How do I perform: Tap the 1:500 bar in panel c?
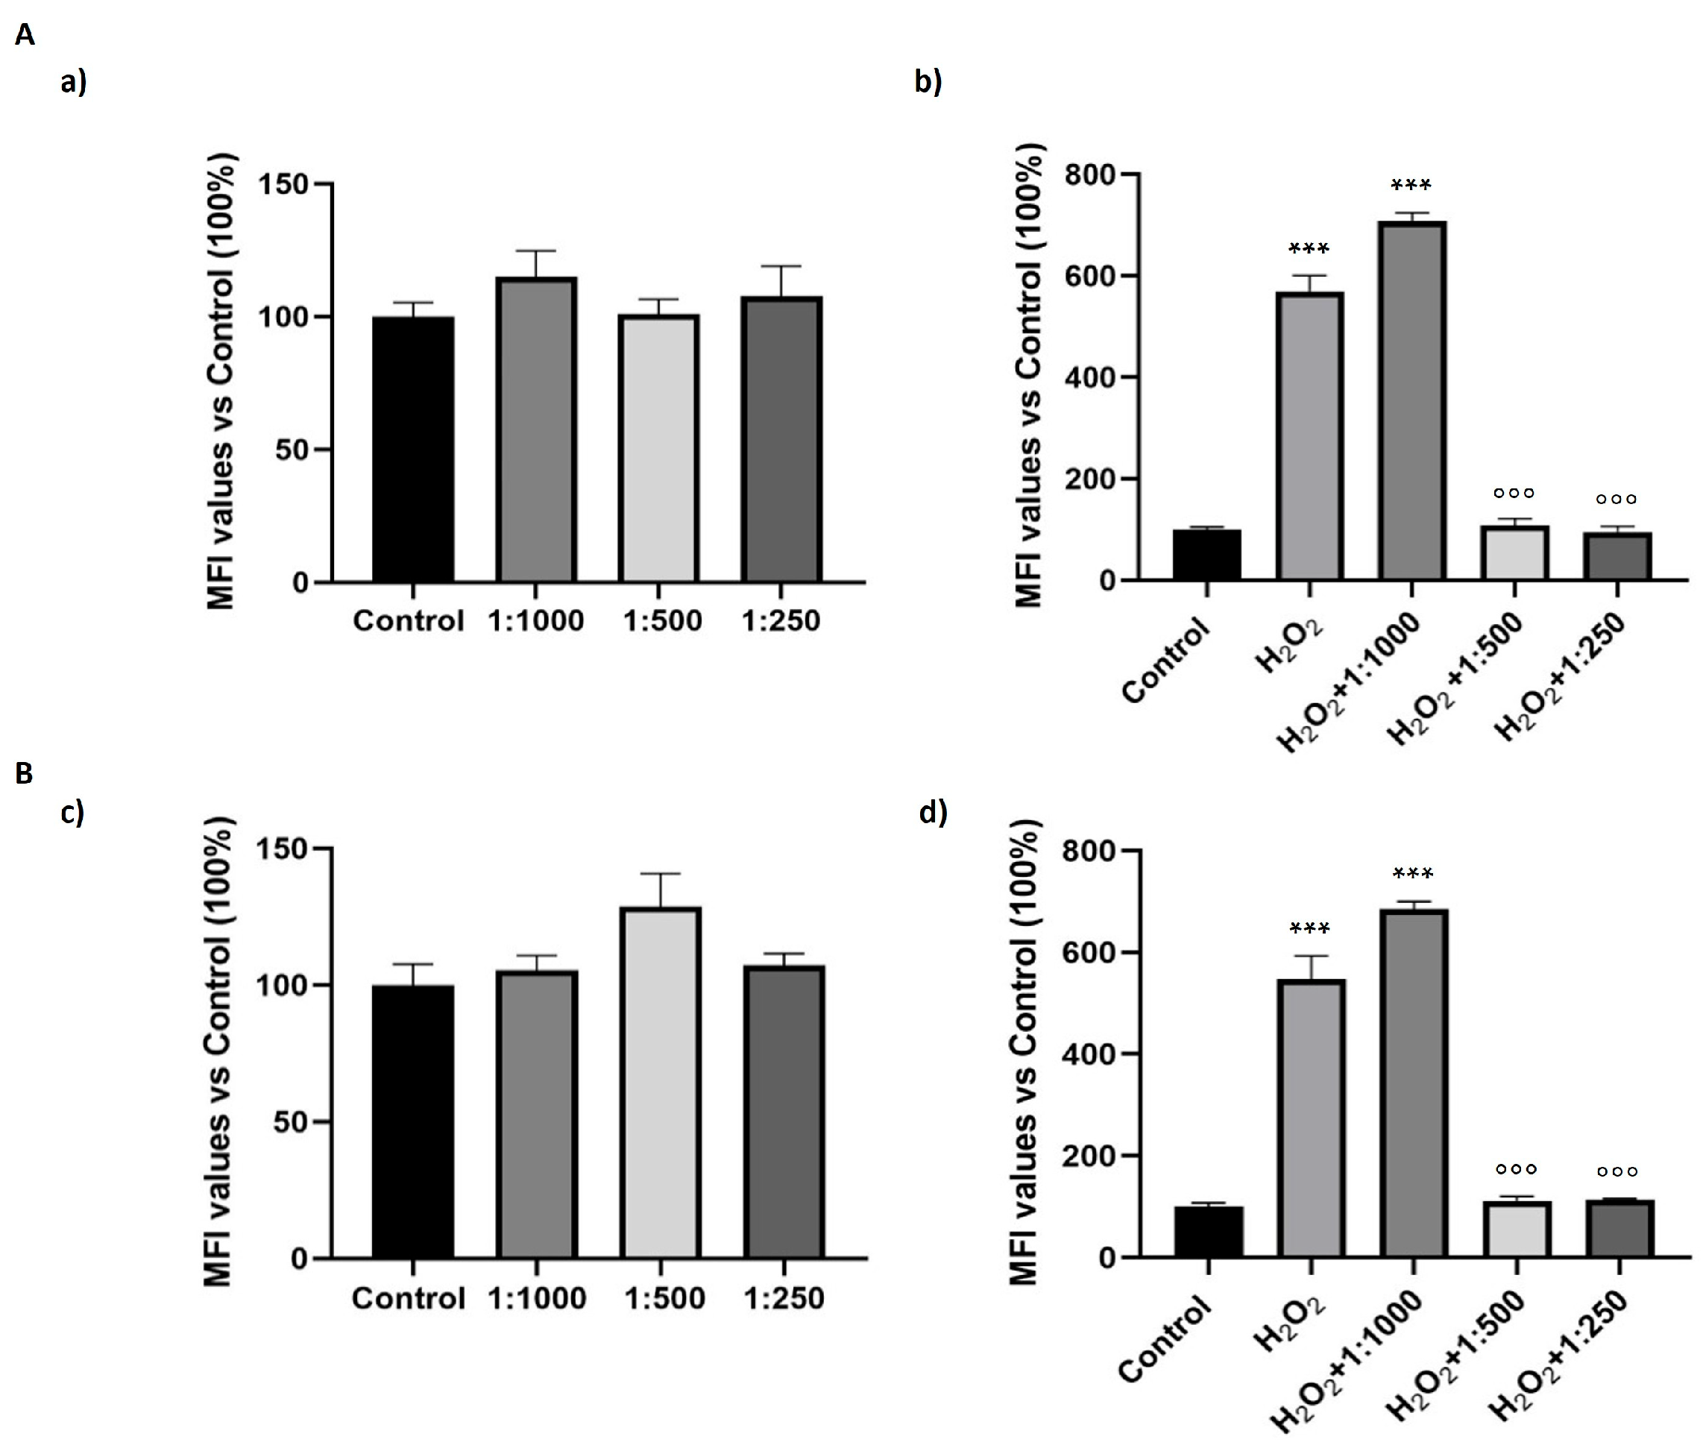661,1083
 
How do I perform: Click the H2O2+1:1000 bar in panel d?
1413,1083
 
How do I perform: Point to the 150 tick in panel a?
283,185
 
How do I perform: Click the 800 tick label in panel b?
1091,174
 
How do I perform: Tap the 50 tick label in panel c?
291,1122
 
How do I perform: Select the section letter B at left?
24,772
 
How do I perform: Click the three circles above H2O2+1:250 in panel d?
1617,1171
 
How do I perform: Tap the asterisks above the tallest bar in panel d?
1413,874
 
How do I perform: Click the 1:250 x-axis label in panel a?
781,620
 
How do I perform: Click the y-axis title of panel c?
218,1051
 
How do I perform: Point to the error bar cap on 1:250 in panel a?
781,266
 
